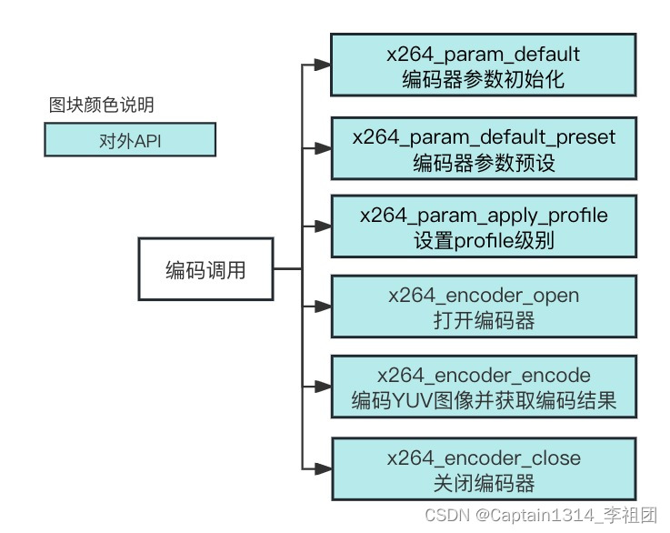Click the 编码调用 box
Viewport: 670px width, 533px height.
(205, 270)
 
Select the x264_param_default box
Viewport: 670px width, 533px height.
(483, 65)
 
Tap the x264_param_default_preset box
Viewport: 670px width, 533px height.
(483, 149)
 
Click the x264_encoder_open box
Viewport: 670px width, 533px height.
(483, 308)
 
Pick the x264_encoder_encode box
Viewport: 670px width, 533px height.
(483, 387)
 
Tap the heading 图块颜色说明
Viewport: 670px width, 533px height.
(101, 105)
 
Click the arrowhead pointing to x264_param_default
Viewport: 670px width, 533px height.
(321, 65)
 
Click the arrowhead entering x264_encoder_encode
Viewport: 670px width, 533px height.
(321, 387)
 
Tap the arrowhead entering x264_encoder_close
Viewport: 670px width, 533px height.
(321, 468)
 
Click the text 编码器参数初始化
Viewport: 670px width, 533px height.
(483, 79)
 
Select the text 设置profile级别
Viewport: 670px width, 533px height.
(483, 241)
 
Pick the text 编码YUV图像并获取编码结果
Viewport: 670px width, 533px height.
(483, 401)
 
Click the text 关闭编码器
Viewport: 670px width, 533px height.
(483, 482)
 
